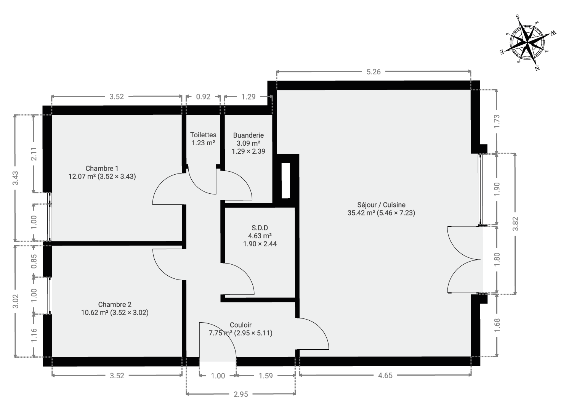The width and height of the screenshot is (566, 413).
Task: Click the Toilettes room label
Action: click(x=203, y=135)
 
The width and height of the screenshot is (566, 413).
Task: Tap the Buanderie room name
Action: click(x=249, y=135)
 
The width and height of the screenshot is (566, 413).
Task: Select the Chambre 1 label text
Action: click(x=102, y=168)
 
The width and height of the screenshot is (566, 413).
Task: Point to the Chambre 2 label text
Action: click(x=115, y=304)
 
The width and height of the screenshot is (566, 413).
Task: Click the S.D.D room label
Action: click(x=260, y=228)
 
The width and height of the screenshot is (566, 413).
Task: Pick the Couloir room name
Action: click(x=241, y=325)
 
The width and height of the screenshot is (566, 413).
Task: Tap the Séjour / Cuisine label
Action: click(x=381, y=205)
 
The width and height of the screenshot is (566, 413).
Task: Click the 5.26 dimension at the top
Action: click(x=374, y=72)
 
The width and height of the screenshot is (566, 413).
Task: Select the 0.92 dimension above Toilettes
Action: click(x=203, y=96)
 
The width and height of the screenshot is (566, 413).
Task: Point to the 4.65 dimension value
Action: click(x=385, y=375)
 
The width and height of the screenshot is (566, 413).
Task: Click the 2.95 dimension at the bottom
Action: click(x=241, y=394)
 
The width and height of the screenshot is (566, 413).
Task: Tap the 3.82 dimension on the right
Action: click(x=515, y=224)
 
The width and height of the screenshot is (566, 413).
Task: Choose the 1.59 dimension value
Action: click(x=266, y=376)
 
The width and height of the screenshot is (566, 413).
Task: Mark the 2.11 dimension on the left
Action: click(x=34, y=154)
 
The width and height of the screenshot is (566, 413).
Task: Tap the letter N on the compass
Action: click(x=537, y=68)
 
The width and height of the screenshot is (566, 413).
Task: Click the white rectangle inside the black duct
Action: click(x=286, y=181)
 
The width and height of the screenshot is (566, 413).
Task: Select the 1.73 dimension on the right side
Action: click(x=497, y=121)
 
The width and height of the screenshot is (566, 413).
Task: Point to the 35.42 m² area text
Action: click(x=361, y=213)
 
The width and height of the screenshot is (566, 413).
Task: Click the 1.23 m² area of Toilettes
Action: click(x=203, y=143)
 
